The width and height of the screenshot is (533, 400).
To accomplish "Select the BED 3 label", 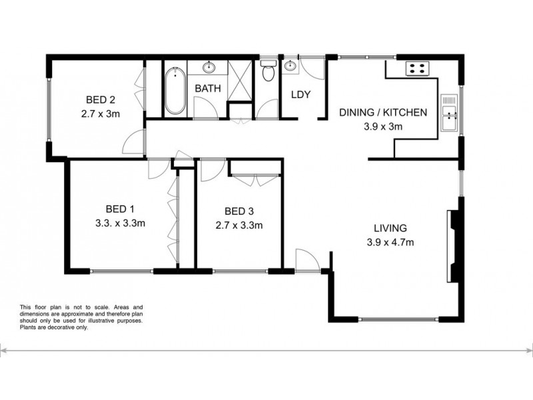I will coord(239,213).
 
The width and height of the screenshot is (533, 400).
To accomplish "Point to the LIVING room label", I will coord(390,227).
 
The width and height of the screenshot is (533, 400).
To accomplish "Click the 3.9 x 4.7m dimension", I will coord(390,242).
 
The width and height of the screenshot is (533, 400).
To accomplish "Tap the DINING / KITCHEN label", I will coord(382,113).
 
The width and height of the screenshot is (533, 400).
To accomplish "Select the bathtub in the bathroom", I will coord(175,89).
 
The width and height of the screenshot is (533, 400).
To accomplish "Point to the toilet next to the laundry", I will coord(268,71).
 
